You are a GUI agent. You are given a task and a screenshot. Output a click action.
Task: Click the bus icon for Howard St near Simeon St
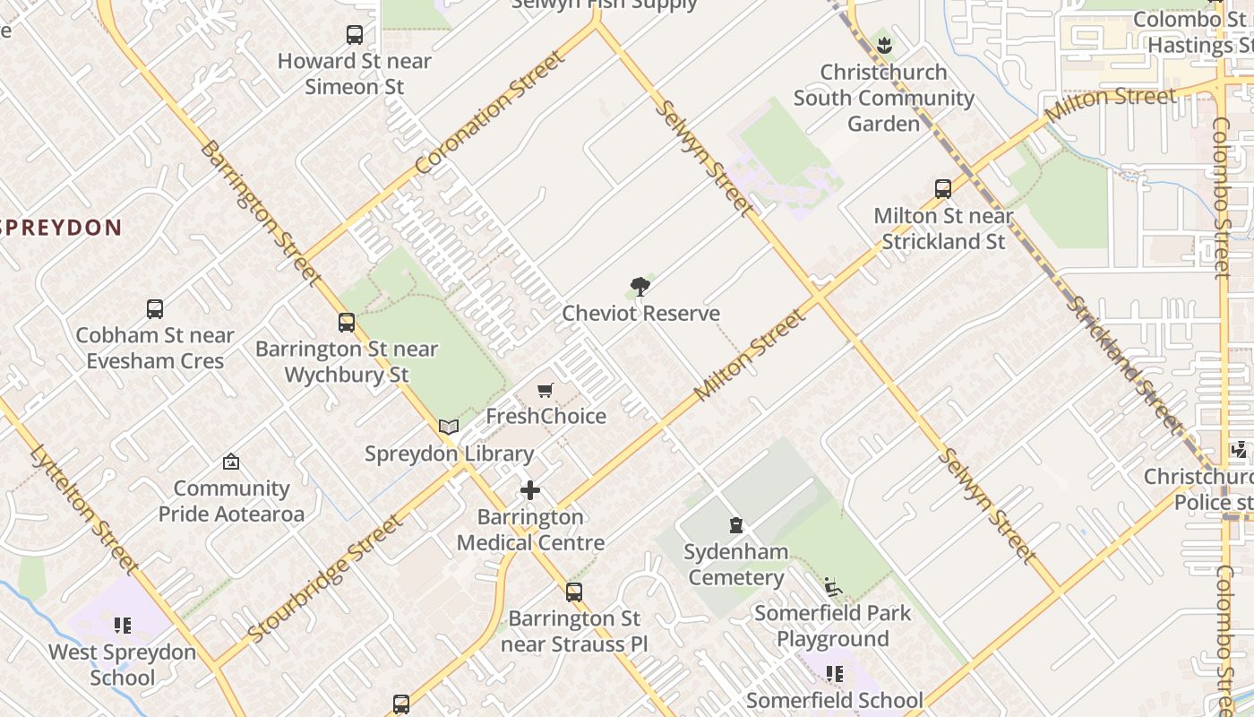[355, 35]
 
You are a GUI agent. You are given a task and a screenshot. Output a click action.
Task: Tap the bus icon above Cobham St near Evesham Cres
[155, 309]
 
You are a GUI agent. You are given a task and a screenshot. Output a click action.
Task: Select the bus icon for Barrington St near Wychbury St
[347, 323]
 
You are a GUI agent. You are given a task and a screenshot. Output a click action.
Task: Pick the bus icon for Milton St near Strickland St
[943, 189]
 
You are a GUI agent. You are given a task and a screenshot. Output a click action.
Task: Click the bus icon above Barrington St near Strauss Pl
[573, 592]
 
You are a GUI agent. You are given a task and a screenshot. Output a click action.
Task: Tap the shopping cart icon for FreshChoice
[545, 390]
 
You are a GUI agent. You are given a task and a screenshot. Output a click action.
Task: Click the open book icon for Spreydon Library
[449, 428]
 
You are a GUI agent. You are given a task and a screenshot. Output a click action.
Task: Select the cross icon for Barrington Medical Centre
[530, 490]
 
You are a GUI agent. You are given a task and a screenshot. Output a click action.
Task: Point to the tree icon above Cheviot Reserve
[640, 287]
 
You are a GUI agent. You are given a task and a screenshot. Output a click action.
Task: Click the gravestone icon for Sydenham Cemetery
[736, 525]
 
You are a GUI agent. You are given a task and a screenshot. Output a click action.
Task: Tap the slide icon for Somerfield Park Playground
[832, 587]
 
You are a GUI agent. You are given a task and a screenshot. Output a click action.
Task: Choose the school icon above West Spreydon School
[123, 625]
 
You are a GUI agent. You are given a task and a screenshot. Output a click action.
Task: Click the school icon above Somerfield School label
[835, 673]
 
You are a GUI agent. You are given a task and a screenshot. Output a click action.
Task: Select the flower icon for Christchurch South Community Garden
[884, 45]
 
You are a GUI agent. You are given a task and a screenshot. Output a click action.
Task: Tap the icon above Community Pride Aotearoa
[231, 462]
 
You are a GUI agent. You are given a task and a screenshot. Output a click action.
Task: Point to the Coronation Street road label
[491, 112]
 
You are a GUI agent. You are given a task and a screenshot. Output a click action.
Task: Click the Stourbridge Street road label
[324, 579]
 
